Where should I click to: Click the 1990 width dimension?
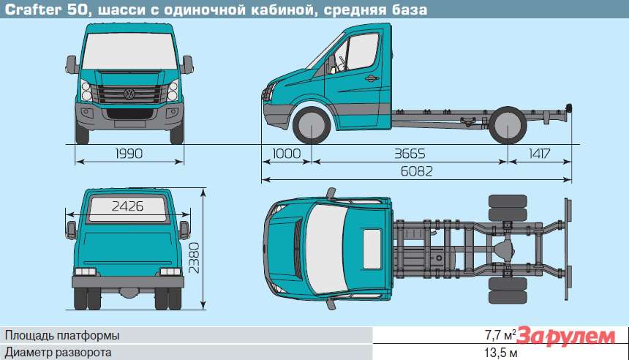pos(129,154)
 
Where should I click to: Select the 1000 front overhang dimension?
pos(287,154)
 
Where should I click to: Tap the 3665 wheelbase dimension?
pos(410,154)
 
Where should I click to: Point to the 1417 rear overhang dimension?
pos(540,154)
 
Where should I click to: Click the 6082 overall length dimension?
pos(417,172)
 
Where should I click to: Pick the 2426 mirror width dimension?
pos(127,206)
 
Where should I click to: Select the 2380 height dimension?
pos(194,258)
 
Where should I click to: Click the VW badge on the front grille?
pos(129,94)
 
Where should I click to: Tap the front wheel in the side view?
pos(312,125)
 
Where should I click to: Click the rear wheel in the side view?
pos(508,125)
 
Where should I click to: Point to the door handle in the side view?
pos(372,78)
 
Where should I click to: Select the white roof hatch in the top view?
pos(372,249)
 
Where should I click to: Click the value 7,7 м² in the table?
pos(500,334)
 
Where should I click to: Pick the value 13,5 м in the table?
pos(500,353)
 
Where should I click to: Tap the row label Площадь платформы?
pos(62,335)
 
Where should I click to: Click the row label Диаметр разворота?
pos(59,353)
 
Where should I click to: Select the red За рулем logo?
pos(565,337)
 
